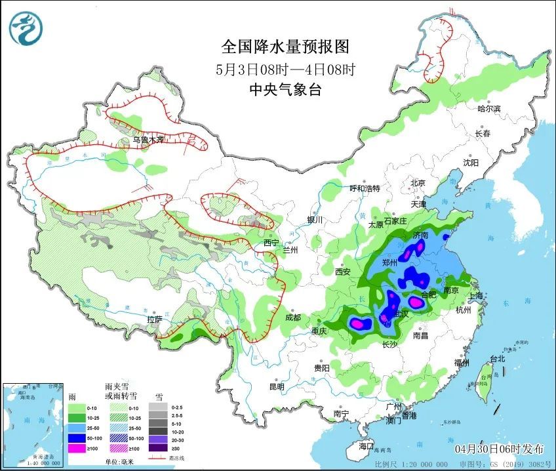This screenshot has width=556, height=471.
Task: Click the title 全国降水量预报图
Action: (x=285, y=47)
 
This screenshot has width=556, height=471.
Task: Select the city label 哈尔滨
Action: (x=489, y=109)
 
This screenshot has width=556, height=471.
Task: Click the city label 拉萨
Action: (x=154, y=319)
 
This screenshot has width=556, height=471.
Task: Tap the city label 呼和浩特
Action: (x=365, y=188)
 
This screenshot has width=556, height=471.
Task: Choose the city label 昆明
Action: (x=276, y=386)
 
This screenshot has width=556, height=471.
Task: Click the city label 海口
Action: (x=366, y=446)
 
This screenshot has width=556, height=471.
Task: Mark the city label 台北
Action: (x=498, y=359)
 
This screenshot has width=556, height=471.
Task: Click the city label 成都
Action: (x=292, y=317)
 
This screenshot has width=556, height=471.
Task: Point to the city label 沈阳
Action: (x=471, y=162)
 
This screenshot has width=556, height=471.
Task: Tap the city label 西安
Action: (x=344, y=272)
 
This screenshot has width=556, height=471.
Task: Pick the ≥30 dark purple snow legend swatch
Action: (x=157, y=449)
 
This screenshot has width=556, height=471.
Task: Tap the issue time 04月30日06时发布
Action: (x=500, y=449)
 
